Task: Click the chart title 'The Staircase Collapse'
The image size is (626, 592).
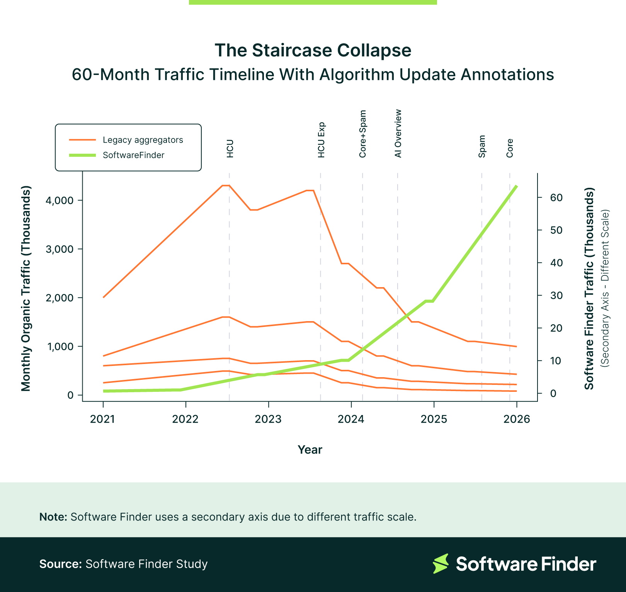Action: tap(313, 50)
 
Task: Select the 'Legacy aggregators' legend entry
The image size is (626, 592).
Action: tap(143, 140)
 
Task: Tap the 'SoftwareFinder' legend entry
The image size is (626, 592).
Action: tap(133, 155)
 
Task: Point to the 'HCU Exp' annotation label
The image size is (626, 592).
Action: tap(321, 140)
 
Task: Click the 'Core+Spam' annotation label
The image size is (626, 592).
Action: tap(362, 134)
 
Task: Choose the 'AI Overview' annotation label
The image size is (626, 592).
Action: tap(398, 134)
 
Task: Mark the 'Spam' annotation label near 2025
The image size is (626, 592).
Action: tap(482, 146)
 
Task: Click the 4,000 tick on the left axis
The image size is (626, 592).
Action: tap(60, 200)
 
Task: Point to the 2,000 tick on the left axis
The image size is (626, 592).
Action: tap(60, 298)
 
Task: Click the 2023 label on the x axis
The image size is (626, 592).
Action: tap(268, 419)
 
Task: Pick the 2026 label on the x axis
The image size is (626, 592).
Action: tap(517, 419)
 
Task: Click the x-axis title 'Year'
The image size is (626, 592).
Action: tap(310, 450)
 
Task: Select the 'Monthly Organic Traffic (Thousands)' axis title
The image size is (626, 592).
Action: tap(26, 289)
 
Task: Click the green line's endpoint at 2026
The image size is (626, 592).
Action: tap(516, 186)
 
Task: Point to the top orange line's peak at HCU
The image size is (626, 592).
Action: tap(226, 185)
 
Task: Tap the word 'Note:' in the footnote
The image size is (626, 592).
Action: tap(53, 517)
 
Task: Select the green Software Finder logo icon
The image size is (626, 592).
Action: tap(441, 563)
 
